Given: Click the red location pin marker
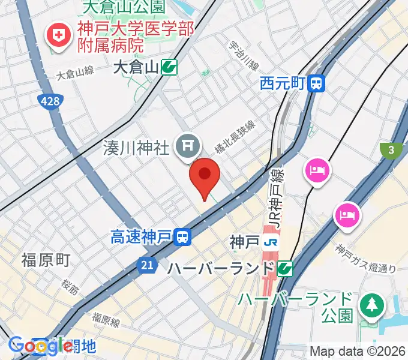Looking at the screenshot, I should tap(205, 175).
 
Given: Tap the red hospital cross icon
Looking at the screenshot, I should tap(59, 36).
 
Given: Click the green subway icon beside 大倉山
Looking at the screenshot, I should tap(169, 68).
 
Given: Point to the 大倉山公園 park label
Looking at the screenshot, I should tap(124, 7).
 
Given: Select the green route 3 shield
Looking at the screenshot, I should tap(391, 152).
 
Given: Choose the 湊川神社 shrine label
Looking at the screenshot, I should tap(136, 145).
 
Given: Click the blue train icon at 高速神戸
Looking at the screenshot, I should tap(183, 238).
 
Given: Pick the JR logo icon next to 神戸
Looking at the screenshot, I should tap(271, 242).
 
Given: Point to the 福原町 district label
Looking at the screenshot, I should tap(46, 260).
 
